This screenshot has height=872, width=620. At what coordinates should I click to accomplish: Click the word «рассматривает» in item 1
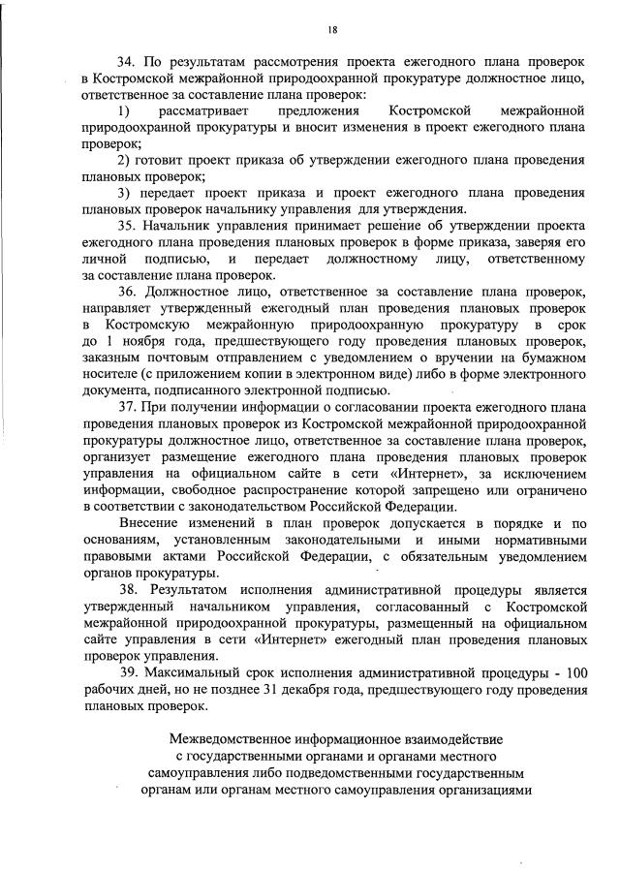pyautogui.click(x=207, y=112)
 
